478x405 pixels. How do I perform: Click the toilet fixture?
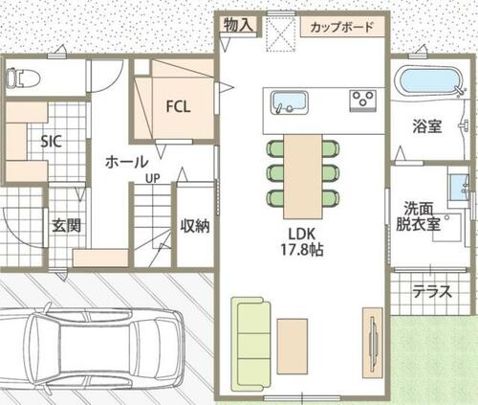[x=23, y=78]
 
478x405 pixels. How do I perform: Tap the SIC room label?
[x=51, y=142]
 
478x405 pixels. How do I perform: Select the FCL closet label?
[x=179, y=106]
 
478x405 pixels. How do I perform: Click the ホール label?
[x=126, y=162]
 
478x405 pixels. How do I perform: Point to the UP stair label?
[x=153, y=178]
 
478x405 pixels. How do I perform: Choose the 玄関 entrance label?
[x=66, y=226]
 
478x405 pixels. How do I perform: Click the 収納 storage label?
[x=195, y=226]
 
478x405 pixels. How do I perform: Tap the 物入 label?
[x=238, y=25]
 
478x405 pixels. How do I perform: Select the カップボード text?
[x=341, y=27]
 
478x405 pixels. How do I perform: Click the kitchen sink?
[x=290, y=102]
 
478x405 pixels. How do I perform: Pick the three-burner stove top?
[x=362, y=101]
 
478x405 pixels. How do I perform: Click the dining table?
[x=303, y=176]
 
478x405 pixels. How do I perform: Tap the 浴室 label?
[x=427, y=126]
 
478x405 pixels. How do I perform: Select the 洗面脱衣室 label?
[x=419, y=216]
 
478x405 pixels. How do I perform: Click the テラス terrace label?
[x=432, y=291]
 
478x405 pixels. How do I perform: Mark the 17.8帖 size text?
[x=302, y=250]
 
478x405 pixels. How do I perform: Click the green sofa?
[x=250, y=344]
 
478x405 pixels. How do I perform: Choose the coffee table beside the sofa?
[x=293, y=346]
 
